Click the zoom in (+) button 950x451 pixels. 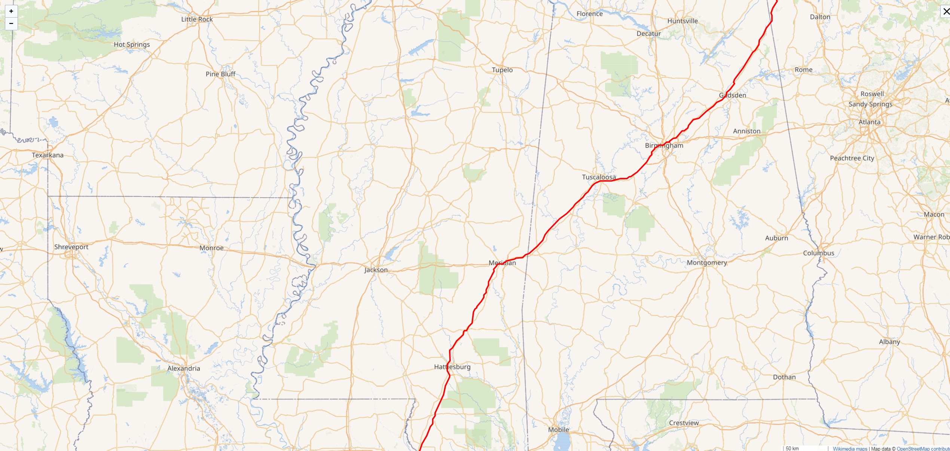pos(11,11)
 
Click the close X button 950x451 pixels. pos(946,11)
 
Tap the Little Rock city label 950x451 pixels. pos(197,19)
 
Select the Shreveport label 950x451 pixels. pos(71,247)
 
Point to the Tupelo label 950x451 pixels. pos(502,70)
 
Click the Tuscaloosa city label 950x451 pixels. pos(599,177)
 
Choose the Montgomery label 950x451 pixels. pos(707,263)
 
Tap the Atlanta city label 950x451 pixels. pos(869,122)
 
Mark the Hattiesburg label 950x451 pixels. pos(452,367)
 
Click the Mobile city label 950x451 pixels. pos(558,430)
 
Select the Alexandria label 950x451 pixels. pos(183,368)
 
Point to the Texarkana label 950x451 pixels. pos(48,155)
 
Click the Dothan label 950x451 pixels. pos(784,377)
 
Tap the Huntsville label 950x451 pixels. pos(682,21)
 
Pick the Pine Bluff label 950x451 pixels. pos(220,74)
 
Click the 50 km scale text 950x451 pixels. pos(792,448)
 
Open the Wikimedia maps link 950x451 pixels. pos(850,449)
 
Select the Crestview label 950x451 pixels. pos(684,423)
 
